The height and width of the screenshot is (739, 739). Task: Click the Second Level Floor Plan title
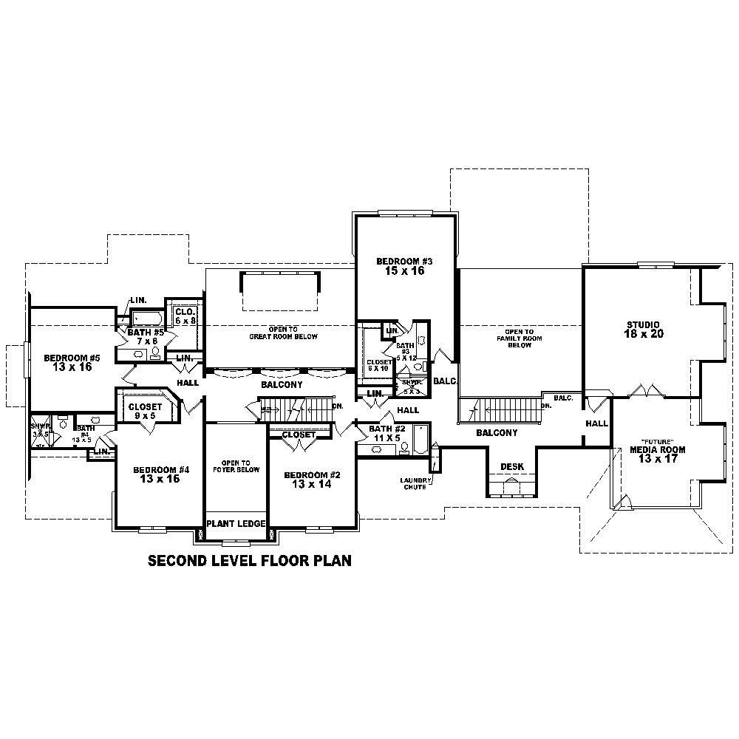(250, 561)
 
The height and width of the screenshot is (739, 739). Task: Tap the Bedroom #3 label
(403, 266)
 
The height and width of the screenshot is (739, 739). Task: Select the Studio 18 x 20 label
(645, 329)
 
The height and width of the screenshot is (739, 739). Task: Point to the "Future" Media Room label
(657, 449)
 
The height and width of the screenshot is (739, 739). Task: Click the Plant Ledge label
(236, 523)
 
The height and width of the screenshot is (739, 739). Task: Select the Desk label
(512, 467)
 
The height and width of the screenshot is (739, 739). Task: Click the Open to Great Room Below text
(283, 333)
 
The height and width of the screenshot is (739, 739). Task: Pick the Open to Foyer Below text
(236, 466)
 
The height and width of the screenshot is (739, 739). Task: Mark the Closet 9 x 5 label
(145, 411)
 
